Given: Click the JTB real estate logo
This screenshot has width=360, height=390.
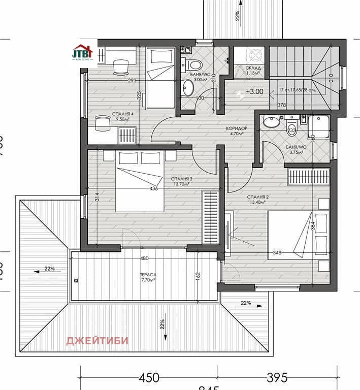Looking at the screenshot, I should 83,53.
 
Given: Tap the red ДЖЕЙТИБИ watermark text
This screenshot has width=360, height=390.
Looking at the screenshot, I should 97,340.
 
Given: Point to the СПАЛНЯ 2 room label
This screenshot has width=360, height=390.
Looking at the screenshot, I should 257,197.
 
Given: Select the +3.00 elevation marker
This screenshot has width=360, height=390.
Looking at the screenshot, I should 254,92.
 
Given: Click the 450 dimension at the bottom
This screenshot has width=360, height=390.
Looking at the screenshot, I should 149,377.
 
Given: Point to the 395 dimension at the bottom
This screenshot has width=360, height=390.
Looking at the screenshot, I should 277,377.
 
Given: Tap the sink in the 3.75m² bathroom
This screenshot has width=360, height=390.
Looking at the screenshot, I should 271,122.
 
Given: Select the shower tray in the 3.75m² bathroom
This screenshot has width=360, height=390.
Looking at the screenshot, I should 318,126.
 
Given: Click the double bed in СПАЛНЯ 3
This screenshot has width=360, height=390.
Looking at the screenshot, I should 140,180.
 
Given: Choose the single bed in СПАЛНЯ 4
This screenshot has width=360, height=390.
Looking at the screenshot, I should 160,77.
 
